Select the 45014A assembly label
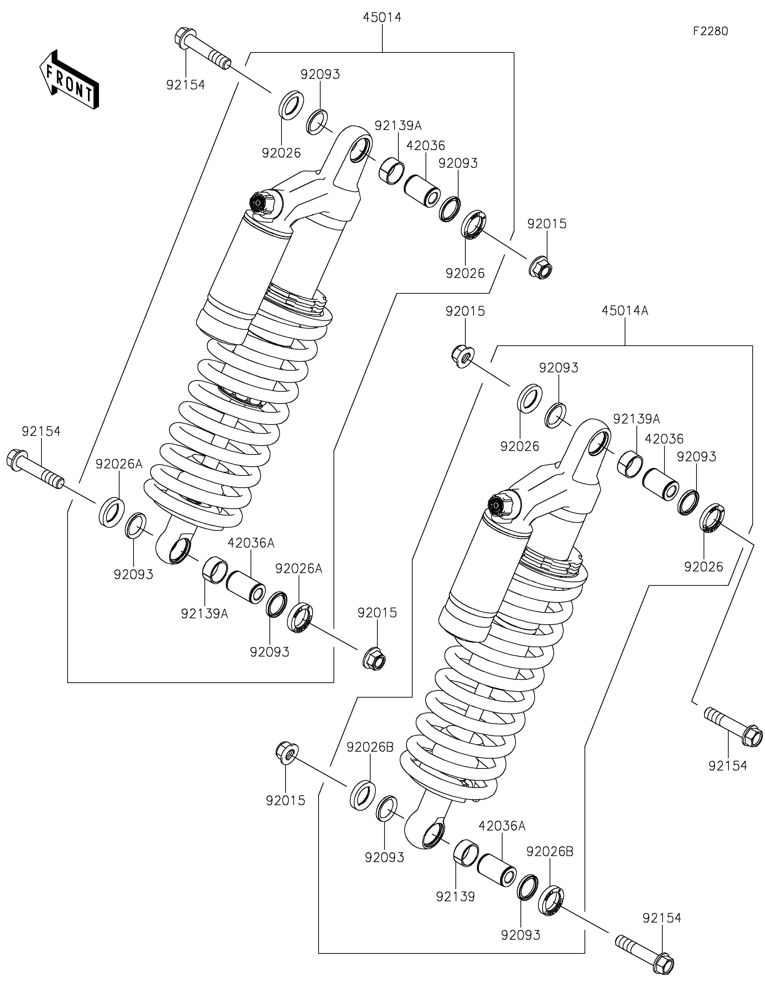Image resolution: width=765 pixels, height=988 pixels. [x=625, y=311]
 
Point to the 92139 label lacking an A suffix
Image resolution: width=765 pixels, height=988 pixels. [x=456, y=897]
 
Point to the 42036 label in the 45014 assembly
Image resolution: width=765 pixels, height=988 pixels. [x=426, y=146]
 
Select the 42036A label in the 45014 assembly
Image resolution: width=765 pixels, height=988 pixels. [x=251, y=543]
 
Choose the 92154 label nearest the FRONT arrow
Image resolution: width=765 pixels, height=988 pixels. [x=186, y=85]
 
